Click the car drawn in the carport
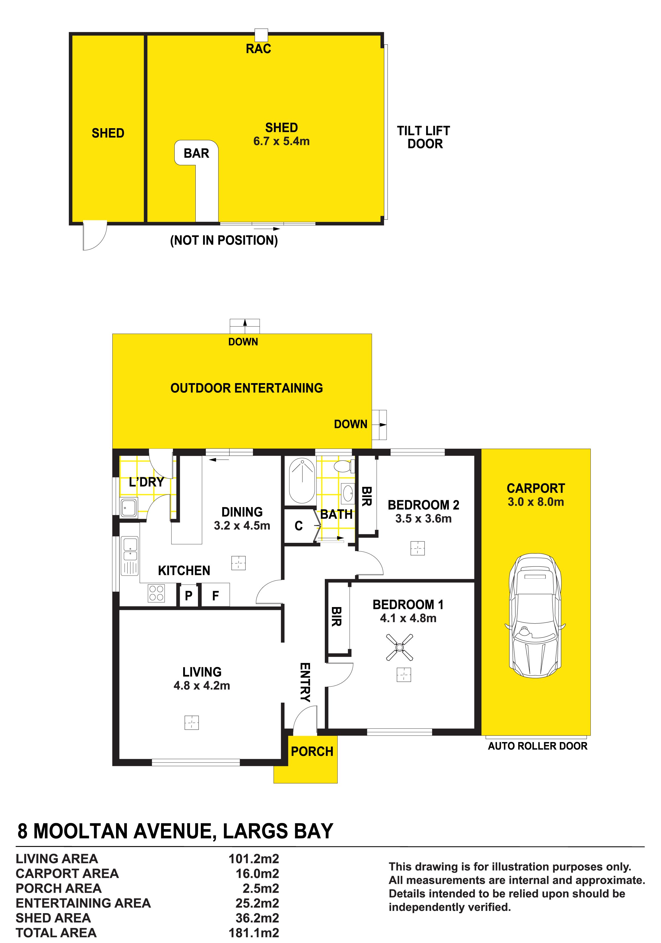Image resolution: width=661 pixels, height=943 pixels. [535, 616]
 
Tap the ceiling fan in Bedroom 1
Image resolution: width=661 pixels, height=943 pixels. [399, 648]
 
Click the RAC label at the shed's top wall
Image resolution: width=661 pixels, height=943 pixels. [258, 49]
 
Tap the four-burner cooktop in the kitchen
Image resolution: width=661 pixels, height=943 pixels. [156, 593]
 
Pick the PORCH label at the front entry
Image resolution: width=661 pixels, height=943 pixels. [312, 751]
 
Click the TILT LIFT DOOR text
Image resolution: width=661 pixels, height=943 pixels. [424, 138]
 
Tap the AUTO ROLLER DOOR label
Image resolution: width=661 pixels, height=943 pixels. [537, 746]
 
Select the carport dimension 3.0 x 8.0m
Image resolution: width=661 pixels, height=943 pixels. [536, 502]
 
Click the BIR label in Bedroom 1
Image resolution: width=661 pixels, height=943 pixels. [336, 616]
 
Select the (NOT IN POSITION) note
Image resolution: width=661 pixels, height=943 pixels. [224, 240]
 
